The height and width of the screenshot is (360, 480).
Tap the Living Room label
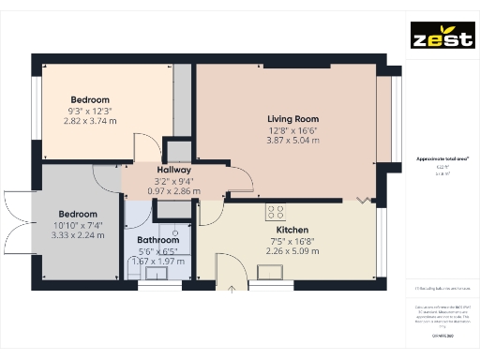293,119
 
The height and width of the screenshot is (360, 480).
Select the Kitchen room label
292,230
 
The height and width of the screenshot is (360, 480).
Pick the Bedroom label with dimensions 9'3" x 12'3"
90,99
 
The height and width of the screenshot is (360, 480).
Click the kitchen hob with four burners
277,211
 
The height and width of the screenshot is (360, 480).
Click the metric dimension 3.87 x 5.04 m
293,141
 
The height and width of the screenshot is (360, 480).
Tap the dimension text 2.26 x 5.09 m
292,250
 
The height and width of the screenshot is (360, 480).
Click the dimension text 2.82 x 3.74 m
90,121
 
